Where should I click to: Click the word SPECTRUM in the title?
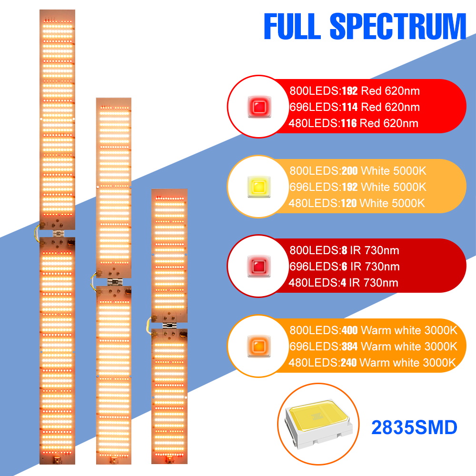[398, 26]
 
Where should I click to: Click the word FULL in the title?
[292, 26]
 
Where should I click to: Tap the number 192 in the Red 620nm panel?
[350, 91]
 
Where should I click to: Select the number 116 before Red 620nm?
[349, 123]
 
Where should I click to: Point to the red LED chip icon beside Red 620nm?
[259, 107]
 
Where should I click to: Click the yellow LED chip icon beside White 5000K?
[259, 187]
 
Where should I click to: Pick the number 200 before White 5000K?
[350, 170]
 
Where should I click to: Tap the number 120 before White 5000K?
[349, 203]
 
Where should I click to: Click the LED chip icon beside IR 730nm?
[259, 266]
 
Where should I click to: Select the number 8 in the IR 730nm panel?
[344, 250]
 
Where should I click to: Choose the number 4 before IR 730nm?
[343, 283]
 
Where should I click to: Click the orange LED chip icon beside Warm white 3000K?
[259, 346]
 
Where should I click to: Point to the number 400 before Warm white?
[350, 330]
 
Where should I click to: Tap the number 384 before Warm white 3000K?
[350, 347]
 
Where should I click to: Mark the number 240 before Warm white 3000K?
[349, 363]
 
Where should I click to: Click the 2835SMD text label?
[415, 427]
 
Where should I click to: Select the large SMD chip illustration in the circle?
[318, 424]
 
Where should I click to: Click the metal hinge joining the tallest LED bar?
[59, 233]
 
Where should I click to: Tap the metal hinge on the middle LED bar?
[115, 282]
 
